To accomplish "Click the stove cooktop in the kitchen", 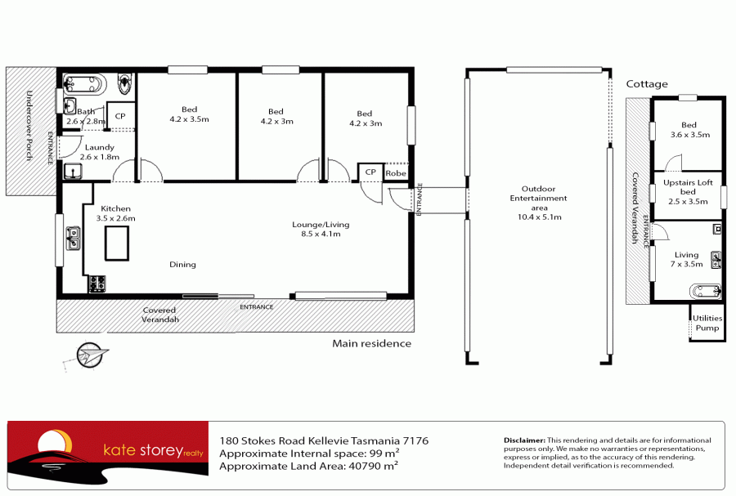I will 97,284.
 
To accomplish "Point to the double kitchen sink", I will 73,238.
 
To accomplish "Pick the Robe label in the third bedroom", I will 396,173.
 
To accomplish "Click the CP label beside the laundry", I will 120,116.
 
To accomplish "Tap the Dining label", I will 182,265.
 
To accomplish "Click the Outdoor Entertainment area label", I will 538,203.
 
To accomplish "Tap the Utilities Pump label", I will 707,323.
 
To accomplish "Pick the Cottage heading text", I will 647,84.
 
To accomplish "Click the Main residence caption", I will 371,343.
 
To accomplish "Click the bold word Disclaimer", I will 524,440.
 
